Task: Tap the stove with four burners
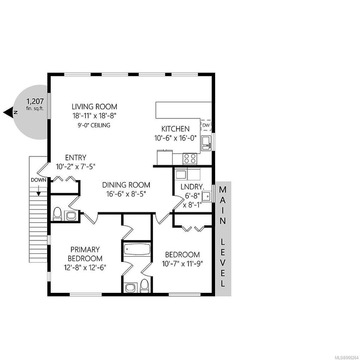click(x=190, y=159)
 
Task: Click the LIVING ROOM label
click(x=94, y=107)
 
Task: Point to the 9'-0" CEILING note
click(x=94, y=125)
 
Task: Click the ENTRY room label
click(x=75, y=158)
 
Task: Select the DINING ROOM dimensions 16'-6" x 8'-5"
click(x=126, y=193)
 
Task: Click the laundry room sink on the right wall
click(x=208, y=196)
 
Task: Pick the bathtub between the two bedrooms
click(x=137, y=250)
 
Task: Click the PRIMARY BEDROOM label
click(x=85, y=254)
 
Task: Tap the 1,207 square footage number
click(x=35, y=102)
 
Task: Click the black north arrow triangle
click(x=9, y=112)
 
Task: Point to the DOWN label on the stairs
click(x=38, y=180)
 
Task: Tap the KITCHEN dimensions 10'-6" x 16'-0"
click(x=175, y=138)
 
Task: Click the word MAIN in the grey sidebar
click(x=223, y=205)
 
